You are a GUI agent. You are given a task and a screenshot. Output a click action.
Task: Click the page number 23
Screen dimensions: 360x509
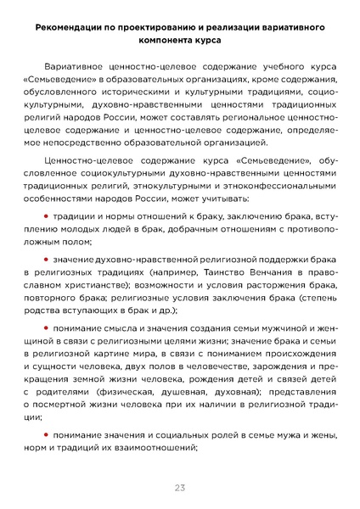(x=180, y=487)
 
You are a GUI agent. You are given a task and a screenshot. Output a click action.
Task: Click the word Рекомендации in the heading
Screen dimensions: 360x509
(x=71, y=28)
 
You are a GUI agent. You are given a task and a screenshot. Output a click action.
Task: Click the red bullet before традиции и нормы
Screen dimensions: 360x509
(x=47, y=217)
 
